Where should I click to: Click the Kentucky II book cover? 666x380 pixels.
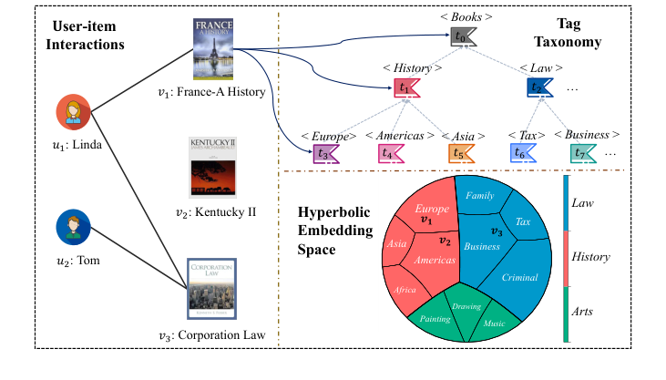[214, 167]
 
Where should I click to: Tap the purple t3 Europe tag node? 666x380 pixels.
[324, 154]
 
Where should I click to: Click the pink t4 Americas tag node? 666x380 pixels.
[391, 154]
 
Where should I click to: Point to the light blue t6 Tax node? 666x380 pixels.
[524, 154]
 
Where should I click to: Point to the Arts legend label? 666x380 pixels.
[582, 312]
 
